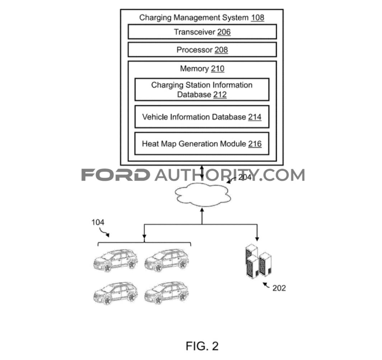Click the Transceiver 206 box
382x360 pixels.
[x=202, y=32]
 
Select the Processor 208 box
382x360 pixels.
[x=202, y=50]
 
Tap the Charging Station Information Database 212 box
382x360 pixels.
[x=202, y=89]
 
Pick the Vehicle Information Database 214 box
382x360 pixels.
[x=202, y=117]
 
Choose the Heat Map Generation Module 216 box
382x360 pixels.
[x=202, y=143]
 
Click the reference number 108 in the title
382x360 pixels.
[x=257, y=18]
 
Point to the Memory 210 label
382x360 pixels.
[x=202, y=69]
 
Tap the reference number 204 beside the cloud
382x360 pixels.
[x=245, y=177]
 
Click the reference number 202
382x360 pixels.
[x=278, y=288]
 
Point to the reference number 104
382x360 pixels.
[x=98, y=222]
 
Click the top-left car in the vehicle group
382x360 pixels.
[x=115, y=260]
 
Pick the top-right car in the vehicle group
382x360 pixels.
[x=166, y=260]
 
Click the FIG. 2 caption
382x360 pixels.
[x=202, y=346]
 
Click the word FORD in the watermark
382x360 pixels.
[x=116, y=175]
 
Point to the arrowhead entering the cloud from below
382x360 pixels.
[x=202, y=211]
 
